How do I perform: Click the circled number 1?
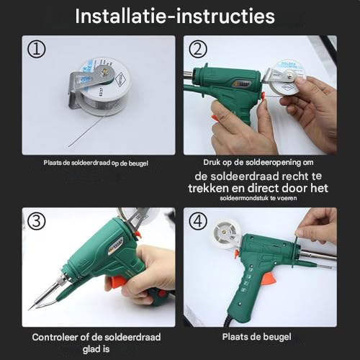pyautogui.click(x=36, y=49)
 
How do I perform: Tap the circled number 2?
pyautogui.click(x=198, y=49)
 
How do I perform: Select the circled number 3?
pyautogui.click(x=36, y=221)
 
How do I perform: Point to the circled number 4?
pyautogui.click(x=198, y=221)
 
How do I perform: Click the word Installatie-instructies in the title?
pyautogui.click(x=175, y=17)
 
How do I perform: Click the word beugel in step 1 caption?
pyautogui.click(x=138, y=163)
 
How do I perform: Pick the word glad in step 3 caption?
pyautogui.click(x=90, y=349)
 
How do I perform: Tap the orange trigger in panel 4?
pyautogui.click(x=269, y=279)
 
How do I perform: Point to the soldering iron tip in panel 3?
pyautogui.click(x=30, y=308)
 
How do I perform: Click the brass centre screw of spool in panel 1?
pyautogui.click(x=105, y=71)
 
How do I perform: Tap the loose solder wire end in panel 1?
pyautogui.click(x=69, y=145)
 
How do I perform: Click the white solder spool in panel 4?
pyautogui.click(x=225, y=233)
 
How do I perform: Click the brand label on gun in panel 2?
pyautogui.click(x=242, y=85)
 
